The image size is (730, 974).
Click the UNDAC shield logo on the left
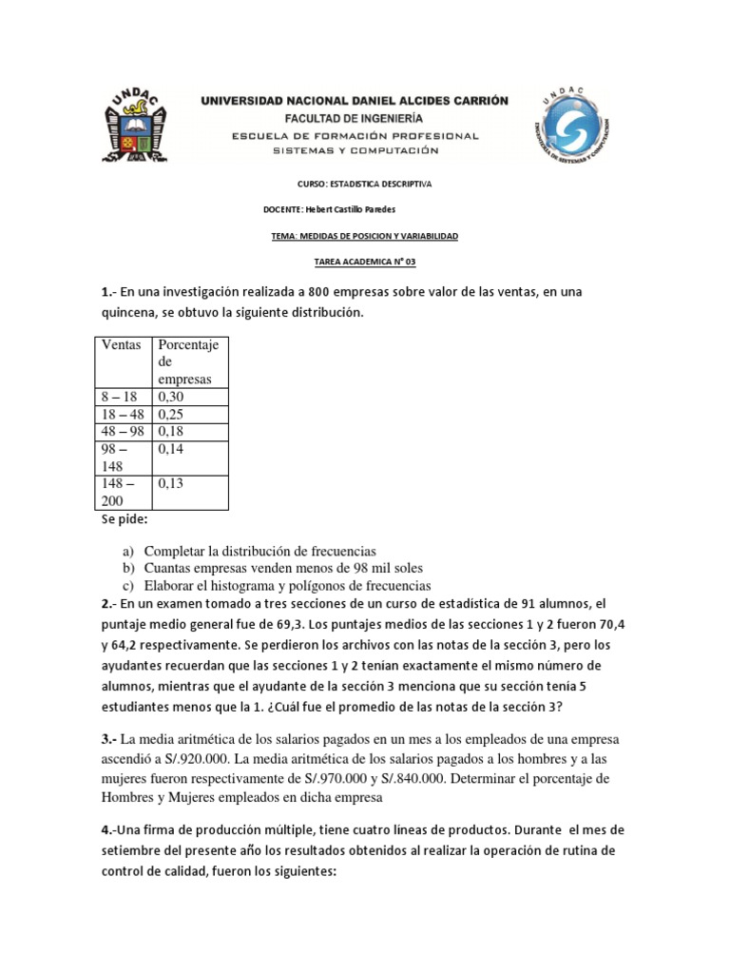(138, 127)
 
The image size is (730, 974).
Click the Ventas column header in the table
(123, 344)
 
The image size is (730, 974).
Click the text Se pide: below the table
(125, 520)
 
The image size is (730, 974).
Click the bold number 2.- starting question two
(109, 603)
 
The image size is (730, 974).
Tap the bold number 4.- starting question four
(110, 830)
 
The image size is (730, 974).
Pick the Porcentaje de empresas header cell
(188, 361)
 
